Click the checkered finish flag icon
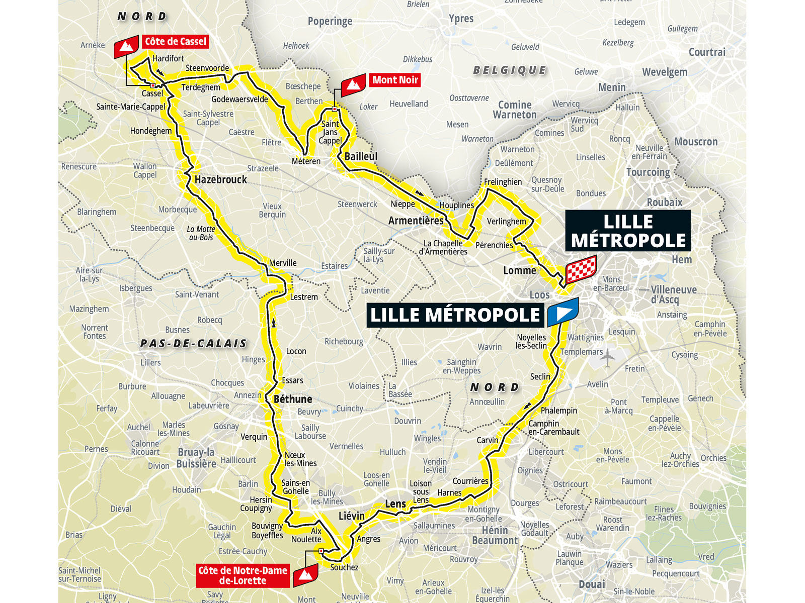click(x=581, y=269)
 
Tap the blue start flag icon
click(x=563, y=312)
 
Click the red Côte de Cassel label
click(x=176, y=42)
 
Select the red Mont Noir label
click(x=395, y=80)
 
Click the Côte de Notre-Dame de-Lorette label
click(x=243, y=575)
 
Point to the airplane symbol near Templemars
click(x=608, y=357)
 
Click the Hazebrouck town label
click(x=220, y=179)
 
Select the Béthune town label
click(x=293, y=399)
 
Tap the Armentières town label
click(x=416, y=221)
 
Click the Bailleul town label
click(x=361, y=156)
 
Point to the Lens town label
click(x=395, y=504)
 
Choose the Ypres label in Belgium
click(x=461, y=19)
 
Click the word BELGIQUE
click(x=509, y=70)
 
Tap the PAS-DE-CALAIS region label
click(x=194, y=344)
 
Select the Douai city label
click(x=592, y=584)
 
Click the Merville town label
click(x=283, y=263)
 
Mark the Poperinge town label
click(x=330, y=21)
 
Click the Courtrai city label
click(x=706, y=52)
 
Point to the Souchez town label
click(x=344, y=567)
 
